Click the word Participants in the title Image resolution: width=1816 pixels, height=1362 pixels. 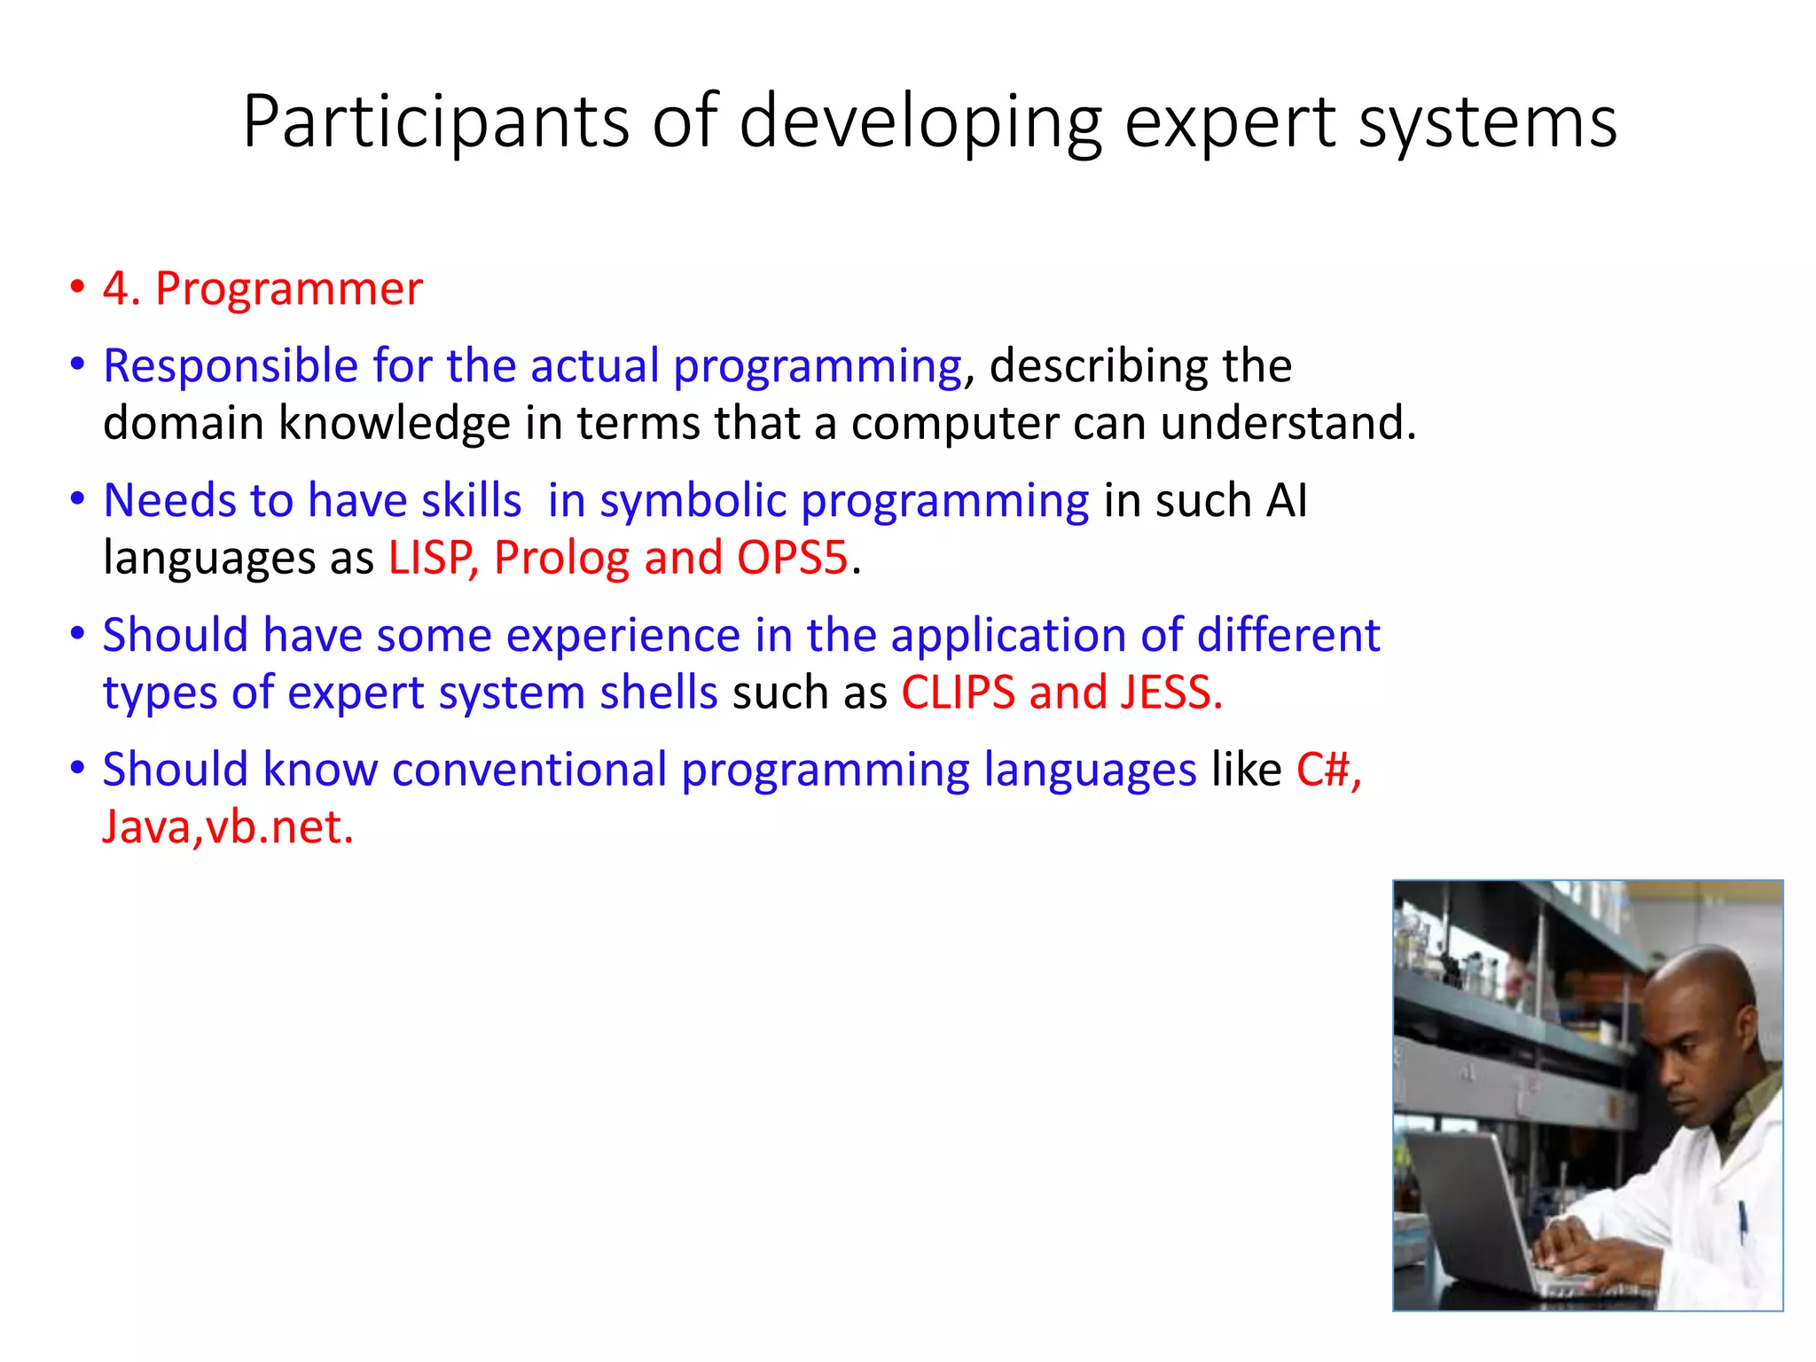coord(435,122)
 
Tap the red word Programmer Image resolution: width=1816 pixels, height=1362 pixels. coord(289,289)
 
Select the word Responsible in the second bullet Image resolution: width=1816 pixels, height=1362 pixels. coord(230,366)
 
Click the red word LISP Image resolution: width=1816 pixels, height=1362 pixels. coord(432,559)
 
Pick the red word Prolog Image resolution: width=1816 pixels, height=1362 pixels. coord(561,559)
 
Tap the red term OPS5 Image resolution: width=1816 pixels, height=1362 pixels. coord(792,559)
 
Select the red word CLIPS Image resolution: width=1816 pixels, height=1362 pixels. coord(958,693)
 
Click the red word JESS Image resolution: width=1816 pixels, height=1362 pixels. coord(1170,693)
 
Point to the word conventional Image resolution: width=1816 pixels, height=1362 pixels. coord(529,770)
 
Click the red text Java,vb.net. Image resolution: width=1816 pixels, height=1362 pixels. coord(228,827)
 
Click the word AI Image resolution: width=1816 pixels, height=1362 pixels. coord(1287,501)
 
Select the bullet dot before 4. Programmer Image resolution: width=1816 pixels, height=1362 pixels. coord(78,287)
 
